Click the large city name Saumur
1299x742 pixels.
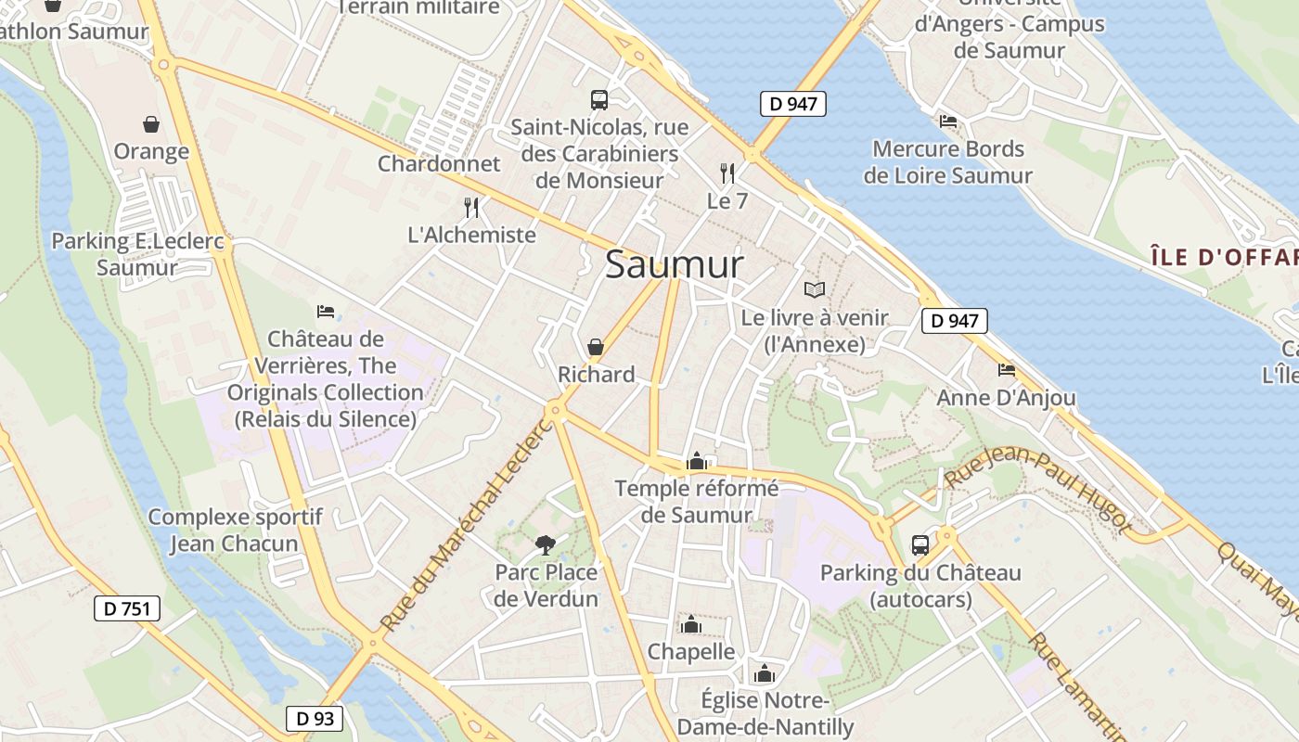pos(675,265)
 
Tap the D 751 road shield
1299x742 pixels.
pos(127,608)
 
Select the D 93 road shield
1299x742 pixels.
pos(314,718)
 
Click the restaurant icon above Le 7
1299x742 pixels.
pos(727,173)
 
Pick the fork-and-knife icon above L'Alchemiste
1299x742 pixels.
pos(471,207)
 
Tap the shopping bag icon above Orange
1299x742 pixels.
pos(150,123)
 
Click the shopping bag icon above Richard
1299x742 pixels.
pos(596,347)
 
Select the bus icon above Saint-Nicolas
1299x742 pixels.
pos(599,99)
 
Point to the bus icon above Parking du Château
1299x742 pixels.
pos(920,544)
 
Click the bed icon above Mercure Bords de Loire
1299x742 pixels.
pos(947,121)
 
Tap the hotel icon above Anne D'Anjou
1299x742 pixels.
pos(1007,370)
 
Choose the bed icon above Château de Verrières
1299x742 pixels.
pos(326,311)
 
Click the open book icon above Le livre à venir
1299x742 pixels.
pos(815,289)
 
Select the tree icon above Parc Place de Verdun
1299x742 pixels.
pos(545,544)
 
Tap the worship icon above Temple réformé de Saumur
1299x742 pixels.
pos(697,460)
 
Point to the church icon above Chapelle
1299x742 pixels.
pos(690,623)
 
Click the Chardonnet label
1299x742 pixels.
pos(439,164)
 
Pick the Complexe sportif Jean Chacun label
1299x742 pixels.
pos(235,531)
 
